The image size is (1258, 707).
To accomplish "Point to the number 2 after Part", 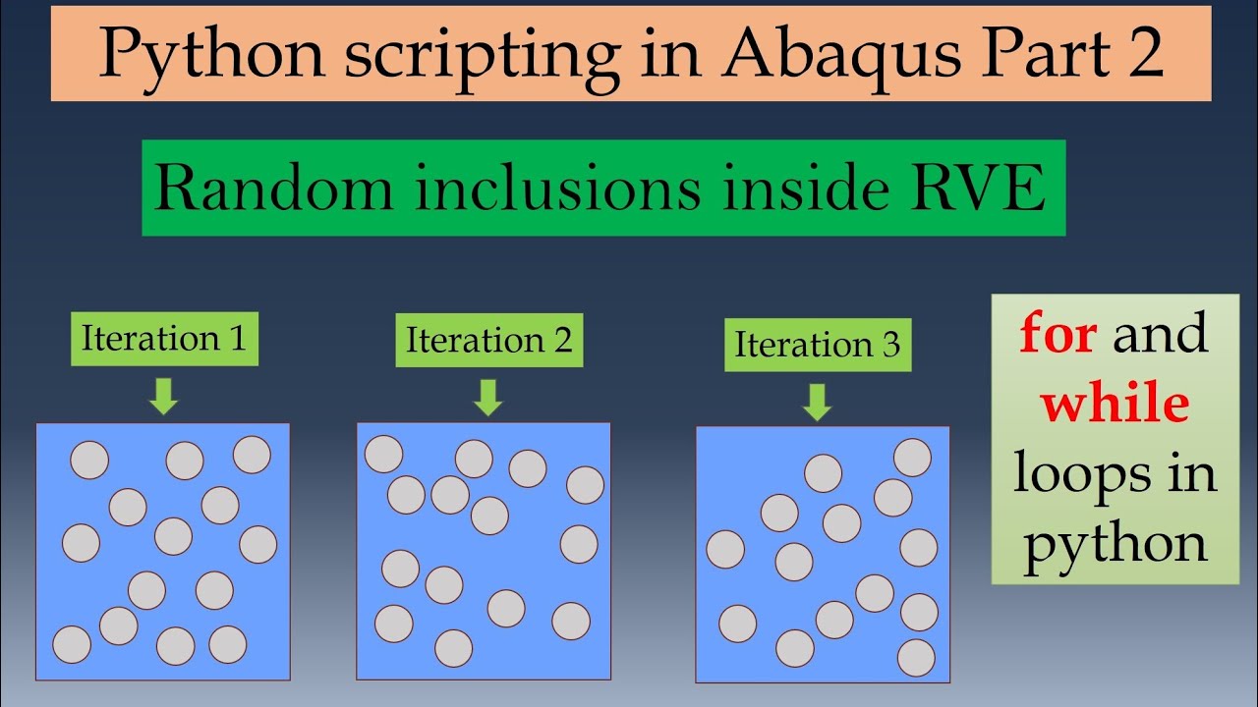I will point(1140,55).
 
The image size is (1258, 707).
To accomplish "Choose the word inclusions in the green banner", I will point(555,189).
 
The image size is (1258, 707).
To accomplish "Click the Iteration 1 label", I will point(164,339).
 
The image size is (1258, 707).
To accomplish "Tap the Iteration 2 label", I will point(488,341).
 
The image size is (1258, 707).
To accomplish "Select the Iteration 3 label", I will point(817,345).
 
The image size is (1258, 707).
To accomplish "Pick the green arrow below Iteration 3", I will point(816,402).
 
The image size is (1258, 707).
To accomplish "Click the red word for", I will point(1058,335).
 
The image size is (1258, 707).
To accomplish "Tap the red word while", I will point(1115,404).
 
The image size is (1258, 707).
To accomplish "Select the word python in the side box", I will point(1115,542).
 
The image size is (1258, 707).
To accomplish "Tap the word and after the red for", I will point(1160,335).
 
